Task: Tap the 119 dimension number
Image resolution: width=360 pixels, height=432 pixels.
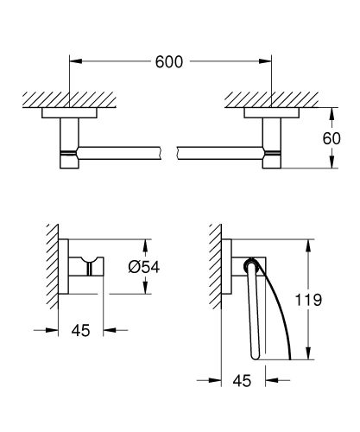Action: [325, 301]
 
